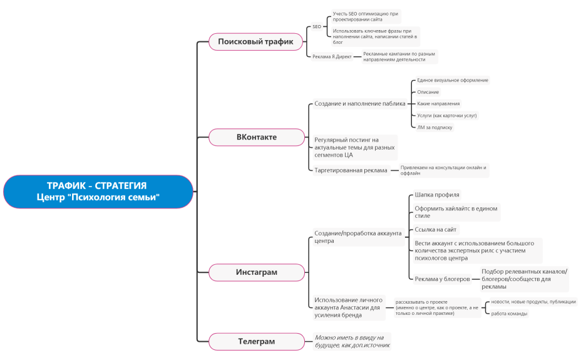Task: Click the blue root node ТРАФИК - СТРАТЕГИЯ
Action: [x=98, y=192]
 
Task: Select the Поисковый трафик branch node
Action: [x=255, y=41]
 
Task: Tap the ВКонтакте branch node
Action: [x=257, y=137]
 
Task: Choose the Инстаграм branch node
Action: [x=257, y=272]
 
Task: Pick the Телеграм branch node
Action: [x=257, y=341]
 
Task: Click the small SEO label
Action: [x=317, y=27]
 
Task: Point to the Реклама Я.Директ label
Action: [x=332, y=57]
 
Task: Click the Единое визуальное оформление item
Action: [x=453, y=80]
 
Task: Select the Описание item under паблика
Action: [x=428, y=92]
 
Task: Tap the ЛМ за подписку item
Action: [x=434, y=127]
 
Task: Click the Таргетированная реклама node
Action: [x=351, y=170]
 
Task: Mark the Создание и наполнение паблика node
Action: [x=360, y=104]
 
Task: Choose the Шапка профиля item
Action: [x=437, y=195]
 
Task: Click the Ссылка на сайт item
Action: [x=435, y=230]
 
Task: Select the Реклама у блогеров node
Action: [x=442, y=279]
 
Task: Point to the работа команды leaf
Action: [x=509, y=314]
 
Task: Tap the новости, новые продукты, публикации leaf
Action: [x=533, y=302]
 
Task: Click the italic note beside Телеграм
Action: [x=352, y=341]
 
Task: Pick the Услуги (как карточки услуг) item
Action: [x=447, y=116]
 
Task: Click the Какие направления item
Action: [x=438, y=104]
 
